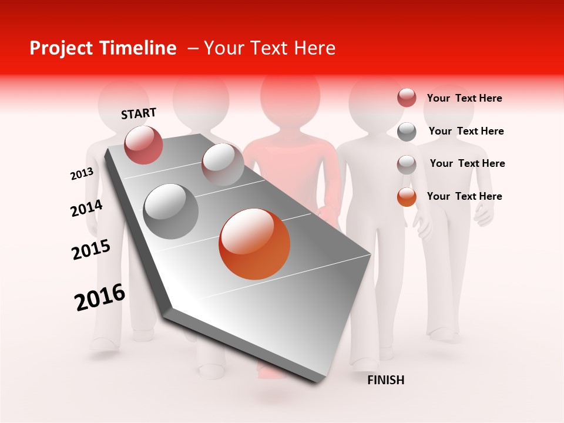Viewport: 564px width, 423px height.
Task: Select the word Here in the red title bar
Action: (x=314, y=48)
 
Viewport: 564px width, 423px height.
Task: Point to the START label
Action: (x=139, y=113)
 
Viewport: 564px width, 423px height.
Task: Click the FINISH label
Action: (x=385, y=380)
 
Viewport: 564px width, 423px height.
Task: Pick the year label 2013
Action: (x=82, y=174)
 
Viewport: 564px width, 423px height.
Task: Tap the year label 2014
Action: (x=86, y=209)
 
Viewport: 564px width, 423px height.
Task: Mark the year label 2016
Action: (x=100, y=298)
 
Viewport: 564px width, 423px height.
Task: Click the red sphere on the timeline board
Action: (x=143, y=145)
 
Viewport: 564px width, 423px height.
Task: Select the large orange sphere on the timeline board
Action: (x=254, y=244)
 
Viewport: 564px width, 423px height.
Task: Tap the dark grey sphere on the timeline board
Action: (x=170, y=211)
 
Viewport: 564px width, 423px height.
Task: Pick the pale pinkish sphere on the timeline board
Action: (x=223, y=164)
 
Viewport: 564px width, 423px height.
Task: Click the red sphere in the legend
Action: (x=407, y=98)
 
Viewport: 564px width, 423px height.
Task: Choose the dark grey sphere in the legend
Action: (x=407, y=132)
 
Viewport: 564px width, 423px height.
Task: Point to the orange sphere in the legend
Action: (x=407, y=197)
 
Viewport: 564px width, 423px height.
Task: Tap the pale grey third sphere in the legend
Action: (x=407, y=164)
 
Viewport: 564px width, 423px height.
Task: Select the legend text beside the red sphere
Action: (x=464, y=98)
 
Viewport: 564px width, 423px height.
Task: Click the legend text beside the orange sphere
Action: (x=464, y=196)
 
